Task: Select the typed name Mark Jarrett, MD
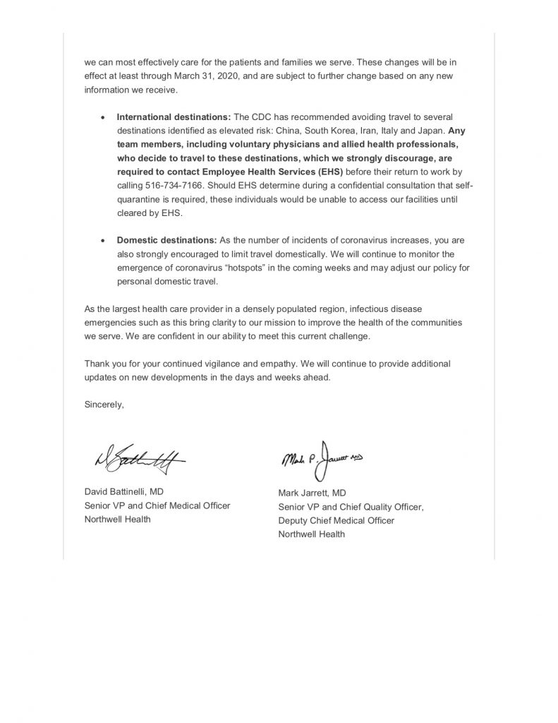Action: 313,494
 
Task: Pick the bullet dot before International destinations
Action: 104,136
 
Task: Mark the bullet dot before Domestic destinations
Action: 104,241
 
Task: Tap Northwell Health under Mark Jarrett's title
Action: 312,534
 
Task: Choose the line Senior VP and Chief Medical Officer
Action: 157,506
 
